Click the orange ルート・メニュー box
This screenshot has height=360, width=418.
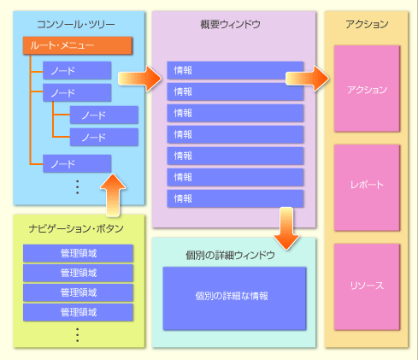[78, 45]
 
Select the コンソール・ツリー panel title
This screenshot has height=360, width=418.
[76, 24]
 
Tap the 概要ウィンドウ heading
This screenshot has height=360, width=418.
[230, 24]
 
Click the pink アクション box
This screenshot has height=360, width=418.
[367, 89]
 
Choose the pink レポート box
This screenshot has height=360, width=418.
[367, 187]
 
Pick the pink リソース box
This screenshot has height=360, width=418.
[367, 286]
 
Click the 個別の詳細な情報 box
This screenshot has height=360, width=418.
[234, 298]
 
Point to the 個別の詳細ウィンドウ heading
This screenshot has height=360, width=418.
[230, 255]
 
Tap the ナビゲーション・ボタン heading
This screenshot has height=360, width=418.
[76, 228]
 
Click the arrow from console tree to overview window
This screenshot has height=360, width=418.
[139, 79]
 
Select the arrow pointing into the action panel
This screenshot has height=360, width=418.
[307, 79]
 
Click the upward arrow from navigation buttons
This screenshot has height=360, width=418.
[113, 195]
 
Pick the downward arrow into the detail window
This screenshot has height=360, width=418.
[286, 228]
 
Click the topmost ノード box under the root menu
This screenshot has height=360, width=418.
[77, 70]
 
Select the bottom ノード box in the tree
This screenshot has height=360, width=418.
[77, 163]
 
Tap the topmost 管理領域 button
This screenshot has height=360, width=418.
[78, 253]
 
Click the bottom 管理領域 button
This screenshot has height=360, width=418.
[78, 312]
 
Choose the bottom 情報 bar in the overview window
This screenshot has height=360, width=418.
[235, 198]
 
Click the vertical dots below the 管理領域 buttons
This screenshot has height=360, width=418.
[77, 334]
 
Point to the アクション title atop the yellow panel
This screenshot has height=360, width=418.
[367, 24]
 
